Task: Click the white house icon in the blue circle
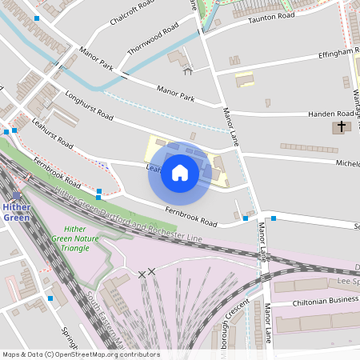(x=180, y=172)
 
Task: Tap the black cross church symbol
(x=341, y=126)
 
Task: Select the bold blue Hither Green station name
(x=16, y=212)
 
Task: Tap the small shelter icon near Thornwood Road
(x=188, y=71)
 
